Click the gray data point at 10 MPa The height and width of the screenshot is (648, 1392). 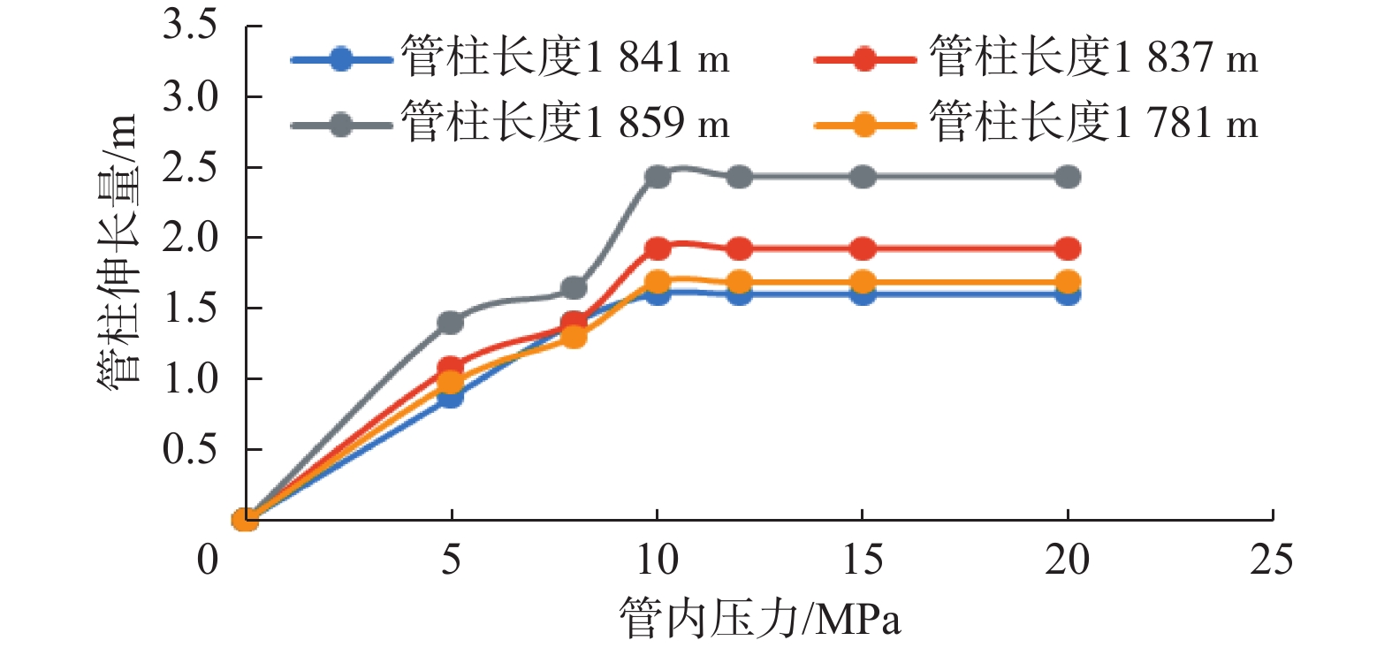coord(658,177)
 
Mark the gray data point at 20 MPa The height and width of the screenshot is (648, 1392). coord(1068,177)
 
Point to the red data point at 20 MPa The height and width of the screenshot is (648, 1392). coord(1068,248)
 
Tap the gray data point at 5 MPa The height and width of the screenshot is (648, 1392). coord(451,322)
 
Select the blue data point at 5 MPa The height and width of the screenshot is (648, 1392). coord(451,396)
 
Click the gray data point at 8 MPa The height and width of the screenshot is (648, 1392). coord(574,288)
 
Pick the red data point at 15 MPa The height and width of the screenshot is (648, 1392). coord(863,248)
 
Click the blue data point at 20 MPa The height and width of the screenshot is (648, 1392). coord(1068,294)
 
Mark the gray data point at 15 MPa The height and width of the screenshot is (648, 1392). coord(863,177)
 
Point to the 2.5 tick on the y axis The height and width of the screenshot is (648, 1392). coord(247,167)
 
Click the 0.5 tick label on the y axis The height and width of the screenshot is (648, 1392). coord(189,449)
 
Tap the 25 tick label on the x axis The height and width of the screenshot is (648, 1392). coord(1271,560)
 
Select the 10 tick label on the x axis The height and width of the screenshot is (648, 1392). coord(657,560)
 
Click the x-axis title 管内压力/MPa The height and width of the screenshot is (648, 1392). coord(760,618)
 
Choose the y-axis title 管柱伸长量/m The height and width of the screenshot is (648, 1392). coord(118,249)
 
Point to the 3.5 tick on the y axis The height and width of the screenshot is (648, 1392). coord(247,26)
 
